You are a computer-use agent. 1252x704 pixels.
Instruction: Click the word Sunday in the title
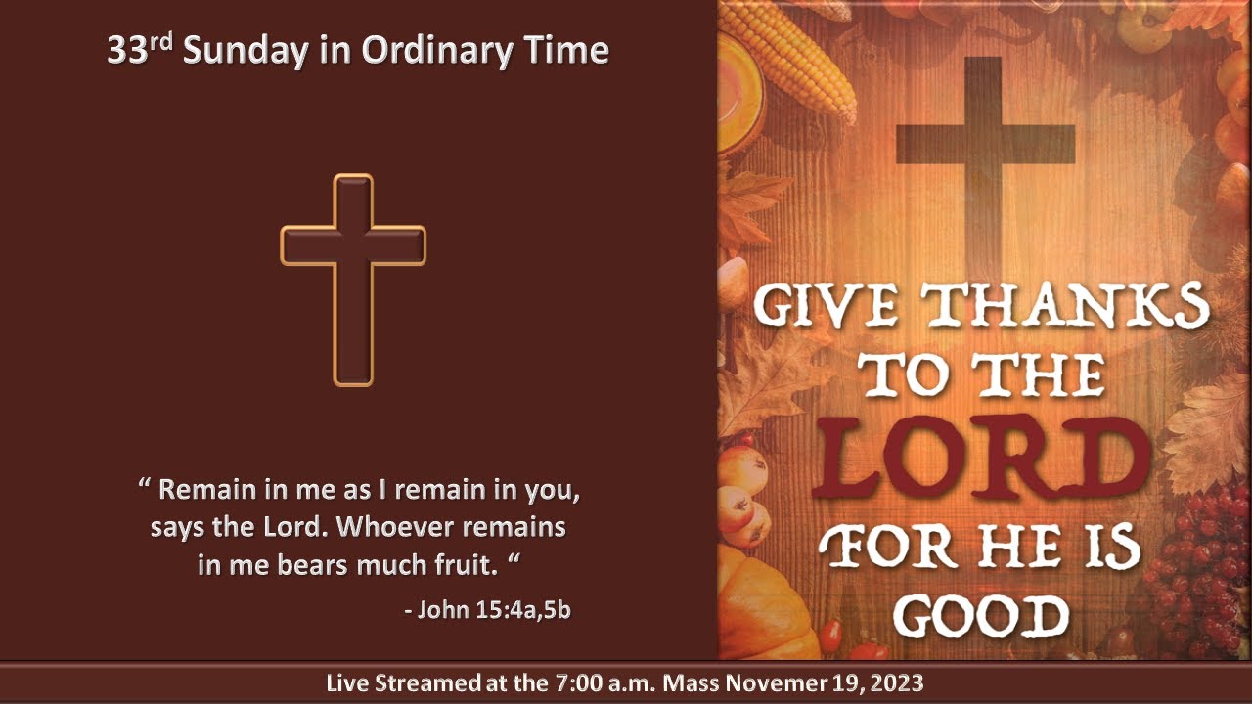pos(246,51)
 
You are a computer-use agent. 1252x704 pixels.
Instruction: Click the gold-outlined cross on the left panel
pos(353,279)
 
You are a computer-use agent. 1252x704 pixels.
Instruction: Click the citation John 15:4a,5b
pos(487,610)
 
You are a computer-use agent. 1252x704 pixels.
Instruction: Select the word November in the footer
pos(775,682)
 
